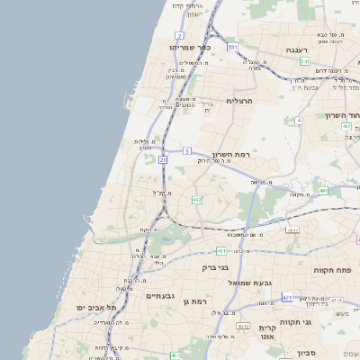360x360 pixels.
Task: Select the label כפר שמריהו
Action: tap(188, 46)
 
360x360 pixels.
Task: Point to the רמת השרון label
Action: tap(229, 154)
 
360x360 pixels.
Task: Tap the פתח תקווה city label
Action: tap(331, 269)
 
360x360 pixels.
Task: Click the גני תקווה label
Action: tap(319, 321)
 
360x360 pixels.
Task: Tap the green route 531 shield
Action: tap(232, 47)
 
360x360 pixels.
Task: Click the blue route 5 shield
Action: tap(186, 150)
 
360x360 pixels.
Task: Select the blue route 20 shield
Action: tap(163, 159)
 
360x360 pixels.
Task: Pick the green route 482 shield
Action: tap(196, 199)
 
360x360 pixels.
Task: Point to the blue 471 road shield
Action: tap(287, 297)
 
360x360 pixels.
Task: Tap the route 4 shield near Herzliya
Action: tap(297, 120)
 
